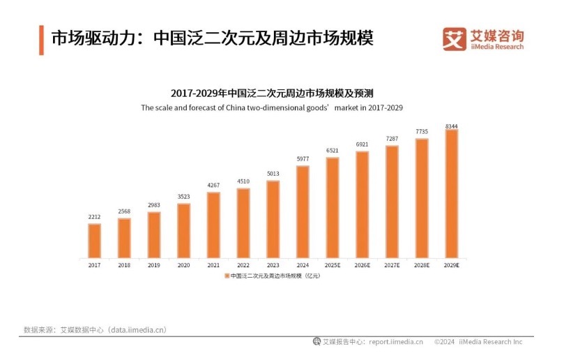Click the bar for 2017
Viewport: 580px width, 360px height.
(94, 240)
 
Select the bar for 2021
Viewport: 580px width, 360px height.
(213, 225)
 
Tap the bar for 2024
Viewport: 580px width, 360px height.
(303, 211)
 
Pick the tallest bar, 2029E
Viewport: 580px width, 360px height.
(451, 193)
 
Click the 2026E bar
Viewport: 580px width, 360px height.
(362, 204)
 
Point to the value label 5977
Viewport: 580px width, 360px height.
(303, 160)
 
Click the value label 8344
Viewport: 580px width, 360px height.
(451, 126)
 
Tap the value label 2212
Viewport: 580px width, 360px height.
(94, 218)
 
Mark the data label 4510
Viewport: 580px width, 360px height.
(243, 182)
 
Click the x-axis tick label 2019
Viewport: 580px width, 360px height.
(153, 266)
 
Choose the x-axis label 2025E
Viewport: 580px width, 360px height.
(333, 266)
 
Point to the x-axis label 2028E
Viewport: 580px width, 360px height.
(422, 266)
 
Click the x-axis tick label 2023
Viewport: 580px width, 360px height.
(273, 266)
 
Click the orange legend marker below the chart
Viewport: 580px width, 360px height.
(226, 276)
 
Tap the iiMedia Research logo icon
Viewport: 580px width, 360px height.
(455, 39)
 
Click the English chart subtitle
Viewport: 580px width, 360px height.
(272, 108)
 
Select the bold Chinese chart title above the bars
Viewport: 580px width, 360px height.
(272, 93)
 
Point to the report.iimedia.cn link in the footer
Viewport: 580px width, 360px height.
(396, 342)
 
